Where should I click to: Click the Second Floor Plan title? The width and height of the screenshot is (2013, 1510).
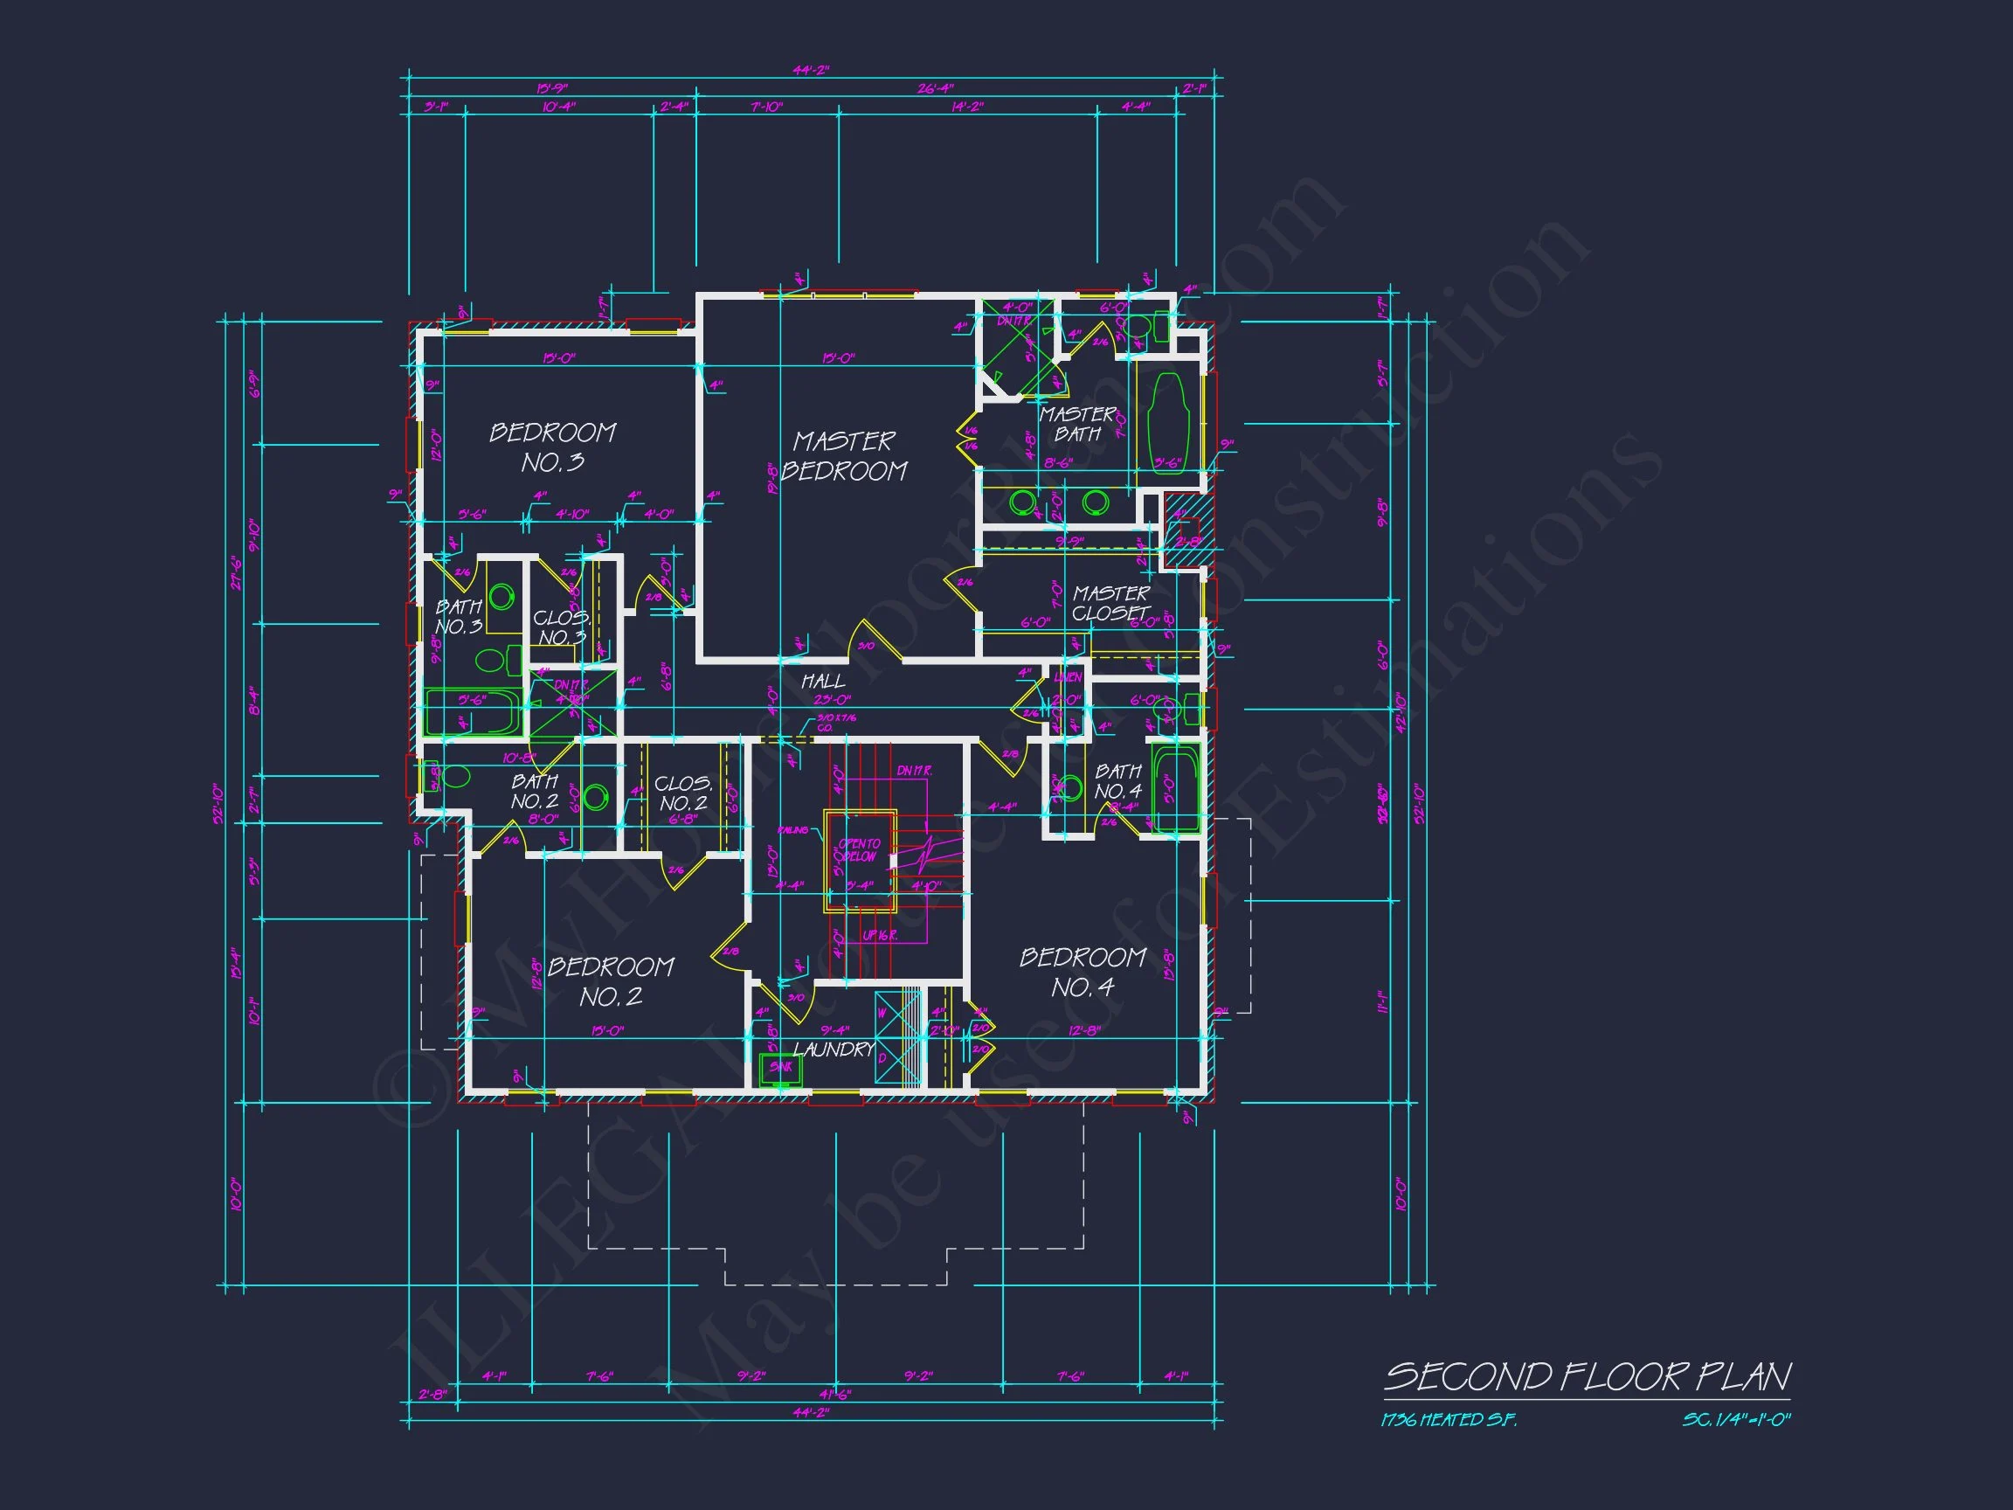(1588, 1377)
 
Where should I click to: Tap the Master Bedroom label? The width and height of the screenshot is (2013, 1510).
(845, 456)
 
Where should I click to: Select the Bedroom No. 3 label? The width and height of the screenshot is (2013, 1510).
(552, 447)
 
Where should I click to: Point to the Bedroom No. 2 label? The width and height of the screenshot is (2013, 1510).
(611, 981)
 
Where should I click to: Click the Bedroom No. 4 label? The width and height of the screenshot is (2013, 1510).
(1082, 972)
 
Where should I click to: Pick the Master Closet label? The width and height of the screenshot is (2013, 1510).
(1111, 604)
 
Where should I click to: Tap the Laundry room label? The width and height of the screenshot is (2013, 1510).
(834, 1049)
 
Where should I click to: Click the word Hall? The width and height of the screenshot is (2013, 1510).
(823, 681)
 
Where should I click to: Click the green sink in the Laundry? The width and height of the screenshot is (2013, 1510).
(781, 1068)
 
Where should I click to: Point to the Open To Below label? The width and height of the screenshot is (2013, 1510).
(859, 850)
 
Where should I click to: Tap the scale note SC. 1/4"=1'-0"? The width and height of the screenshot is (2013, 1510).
(1736, 1420)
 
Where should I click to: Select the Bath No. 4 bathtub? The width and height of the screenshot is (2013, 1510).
(1175, 788)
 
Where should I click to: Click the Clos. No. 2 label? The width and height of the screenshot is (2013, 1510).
(683, 793)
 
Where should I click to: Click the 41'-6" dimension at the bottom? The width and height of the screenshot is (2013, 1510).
(834, 1394)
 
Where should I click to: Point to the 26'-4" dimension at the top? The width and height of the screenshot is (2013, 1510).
(935, 88)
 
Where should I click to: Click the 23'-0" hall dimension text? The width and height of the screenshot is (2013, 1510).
(831, 700)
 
